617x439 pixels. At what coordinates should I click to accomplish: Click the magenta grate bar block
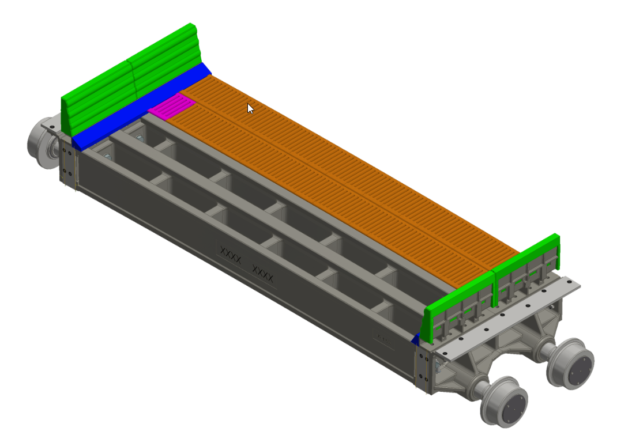point(172,107)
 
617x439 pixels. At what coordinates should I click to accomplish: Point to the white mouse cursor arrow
point(250,108)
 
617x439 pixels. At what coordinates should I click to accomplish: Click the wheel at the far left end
point(42,143)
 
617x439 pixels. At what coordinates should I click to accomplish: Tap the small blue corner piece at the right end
point(415,339)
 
